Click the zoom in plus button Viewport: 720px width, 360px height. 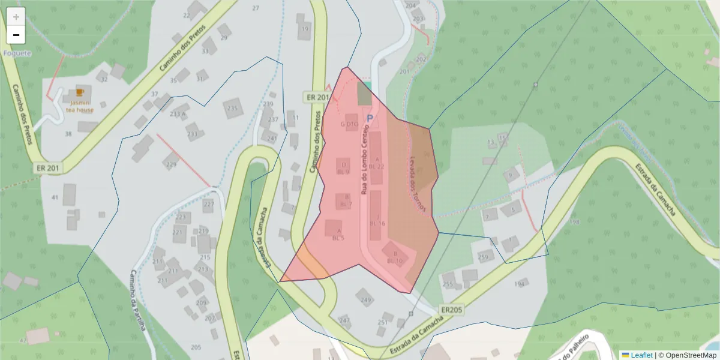(x=16, y=17)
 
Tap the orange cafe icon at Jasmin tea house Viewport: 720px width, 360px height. (x=79, y=93)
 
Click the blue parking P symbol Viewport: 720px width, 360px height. (x=370, y=119)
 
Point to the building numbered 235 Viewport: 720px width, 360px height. (x=233, y=109)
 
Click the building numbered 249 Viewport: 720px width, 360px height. (x=365, y=296)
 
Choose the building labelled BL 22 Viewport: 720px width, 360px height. (x=376, y=158)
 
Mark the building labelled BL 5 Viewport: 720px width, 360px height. (x=334, y=229)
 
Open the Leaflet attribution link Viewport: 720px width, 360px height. (x=637, y=355)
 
